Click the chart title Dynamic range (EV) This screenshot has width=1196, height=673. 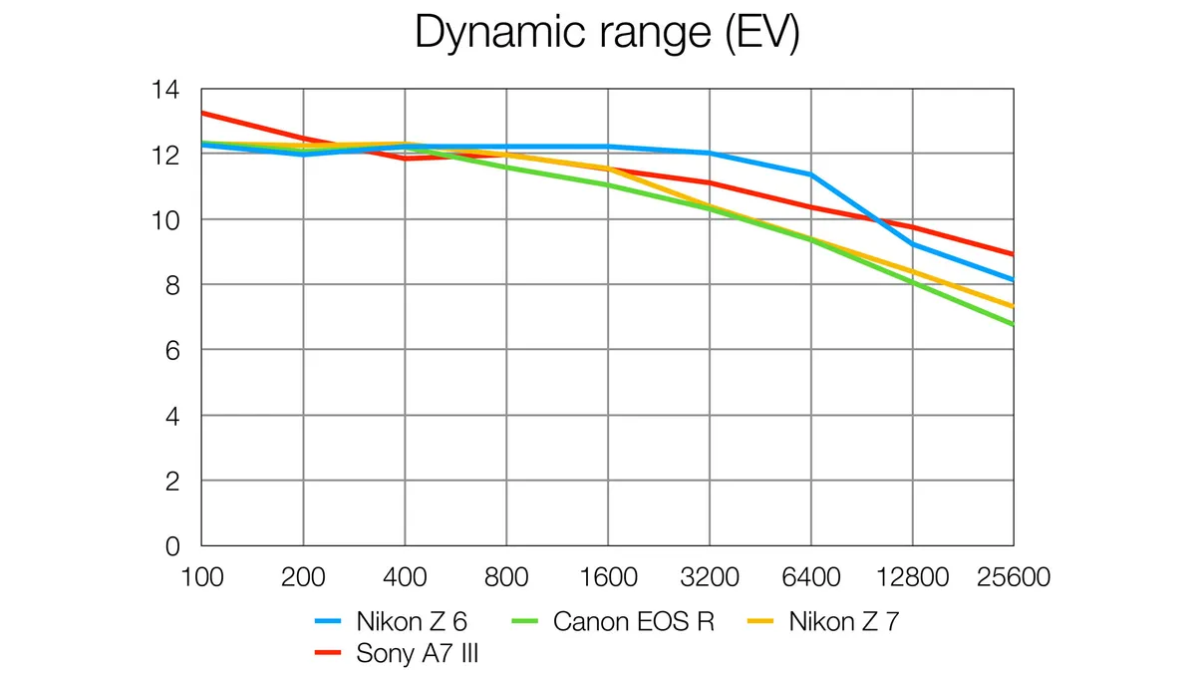point(607,33)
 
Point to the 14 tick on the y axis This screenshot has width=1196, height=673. point(164,90)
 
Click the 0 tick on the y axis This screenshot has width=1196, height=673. point(171,546)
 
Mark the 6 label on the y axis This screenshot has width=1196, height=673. point(171,350)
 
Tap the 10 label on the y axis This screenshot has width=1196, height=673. point(164,219)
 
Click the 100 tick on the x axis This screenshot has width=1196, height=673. point(201,577)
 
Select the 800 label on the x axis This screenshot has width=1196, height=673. point(506,577)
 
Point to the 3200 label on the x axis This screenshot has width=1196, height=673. point(709,577)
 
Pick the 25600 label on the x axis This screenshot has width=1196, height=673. point(1013,577)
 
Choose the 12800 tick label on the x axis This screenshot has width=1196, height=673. point(912,577)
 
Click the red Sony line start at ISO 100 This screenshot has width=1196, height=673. point(203,113)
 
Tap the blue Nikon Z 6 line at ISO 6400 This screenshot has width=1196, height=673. point(810,174)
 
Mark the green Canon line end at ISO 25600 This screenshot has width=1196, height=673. point(1012,324)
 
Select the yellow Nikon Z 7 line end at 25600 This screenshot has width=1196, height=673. point(1012,306)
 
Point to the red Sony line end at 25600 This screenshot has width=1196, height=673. point(1012,254)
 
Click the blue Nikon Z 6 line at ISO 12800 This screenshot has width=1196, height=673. point(912,244)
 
